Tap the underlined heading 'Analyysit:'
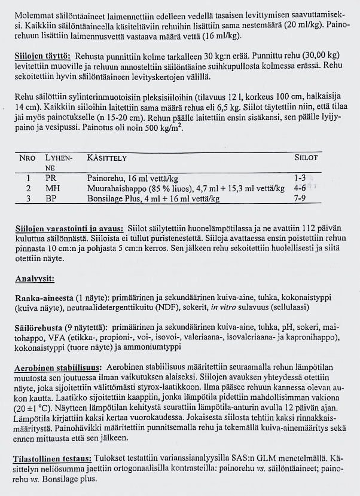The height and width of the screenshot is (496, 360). pyautogui.click(x=34, y=279)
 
